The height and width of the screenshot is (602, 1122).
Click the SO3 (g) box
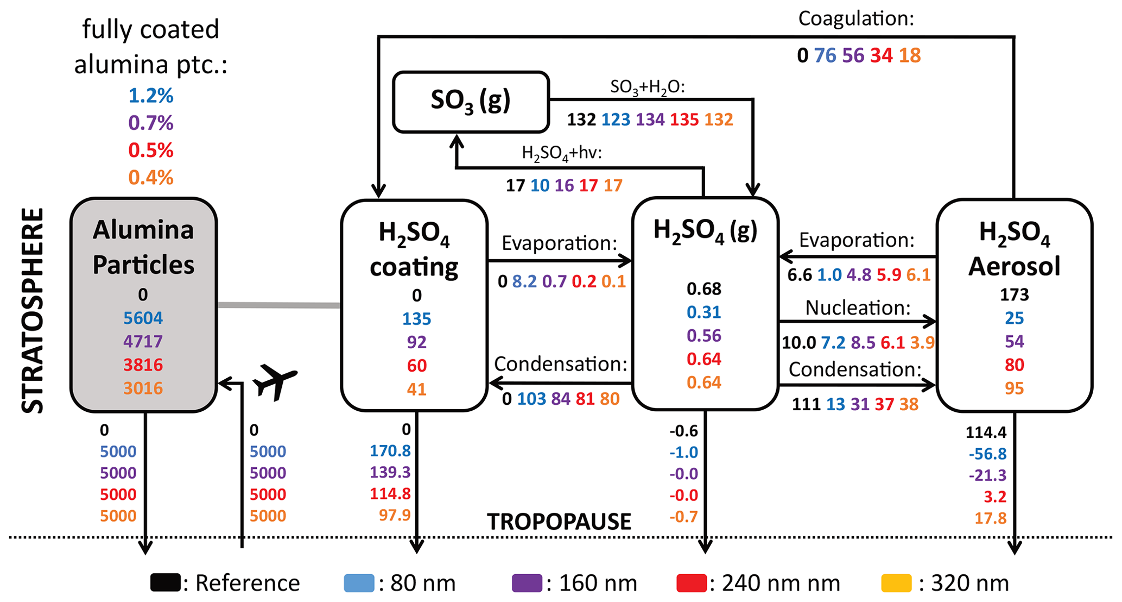pyautogui.click(x=471, y=102)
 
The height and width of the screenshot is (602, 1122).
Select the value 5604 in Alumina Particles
pyautogui.click(x=143, y=318)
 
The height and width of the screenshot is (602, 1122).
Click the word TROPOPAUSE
pyautogui.click(x=559, y=522)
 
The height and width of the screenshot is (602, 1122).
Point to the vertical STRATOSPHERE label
pyautogui.click(x=33, y=310)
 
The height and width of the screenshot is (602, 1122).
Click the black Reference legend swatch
pyautogui.click(x=166, y=583)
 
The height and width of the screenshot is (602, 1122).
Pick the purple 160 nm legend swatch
pyautogui.click(x=527, y=583)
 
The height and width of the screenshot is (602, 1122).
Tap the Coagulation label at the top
pyautogui.click(x=856, y=19)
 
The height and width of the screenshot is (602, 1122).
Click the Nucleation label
pyautogui.click(x=858, y=308)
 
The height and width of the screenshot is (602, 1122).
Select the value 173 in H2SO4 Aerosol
pyautogui.click(x=1014, y=294)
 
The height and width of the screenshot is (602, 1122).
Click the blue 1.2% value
pyautogui.click(x=151, y=96)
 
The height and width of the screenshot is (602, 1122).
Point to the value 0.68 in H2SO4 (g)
pyautogui.click(x=704, y=289)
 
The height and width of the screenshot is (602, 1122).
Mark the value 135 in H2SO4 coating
pyautogui.click(x=416, y=318)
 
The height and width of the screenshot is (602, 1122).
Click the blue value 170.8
pyautogui.click(x=390, y=450)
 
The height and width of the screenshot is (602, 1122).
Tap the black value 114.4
pyautogui.click(x=986, y=432)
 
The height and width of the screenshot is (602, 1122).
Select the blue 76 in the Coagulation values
pyautogui.click(x=825, y=55)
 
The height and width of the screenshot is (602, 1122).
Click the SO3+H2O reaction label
pyautogui.click(x=647, y=87)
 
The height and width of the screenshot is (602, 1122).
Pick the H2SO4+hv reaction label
pyautogui.click(x=562, y=153)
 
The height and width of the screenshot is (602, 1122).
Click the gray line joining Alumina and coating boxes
pyautogui.click(x=278, y=305)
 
